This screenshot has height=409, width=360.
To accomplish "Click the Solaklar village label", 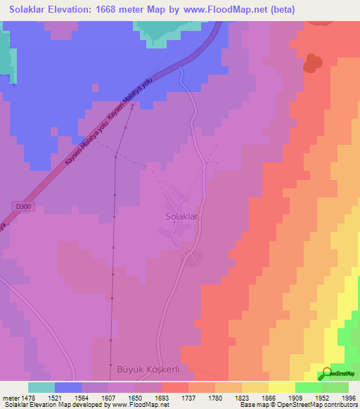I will click(182, 217).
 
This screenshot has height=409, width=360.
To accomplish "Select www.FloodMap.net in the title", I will click(232, 9).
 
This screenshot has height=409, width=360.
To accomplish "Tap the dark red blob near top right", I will click(311, 63).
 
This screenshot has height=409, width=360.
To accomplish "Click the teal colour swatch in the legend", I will click(41, 387).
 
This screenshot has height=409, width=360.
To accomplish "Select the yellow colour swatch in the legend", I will click(281, 387).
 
